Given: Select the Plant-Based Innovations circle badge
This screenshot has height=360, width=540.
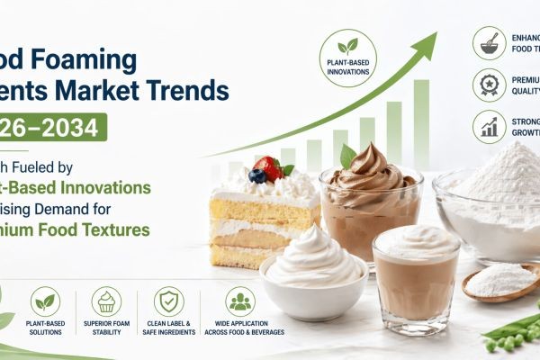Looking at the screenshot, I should (347, 58).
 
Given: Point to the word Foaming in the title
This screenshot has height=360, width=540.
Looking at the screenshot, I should (90, 60).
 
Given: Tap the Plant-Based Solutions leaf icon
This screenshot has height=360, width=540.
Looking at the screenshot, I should (46, 302).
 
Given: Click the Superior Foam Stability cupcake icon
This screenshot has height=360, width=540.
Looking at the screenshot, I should (106, 302).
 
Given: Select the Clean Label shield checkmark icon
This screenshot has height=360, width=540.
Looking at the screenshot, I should (168, 302).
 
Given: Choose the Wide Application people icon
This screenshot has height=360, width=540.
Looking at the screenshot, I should (240, 302).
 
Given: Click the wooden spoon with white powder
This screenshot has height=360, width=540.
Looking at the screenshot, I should (499, 282).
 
